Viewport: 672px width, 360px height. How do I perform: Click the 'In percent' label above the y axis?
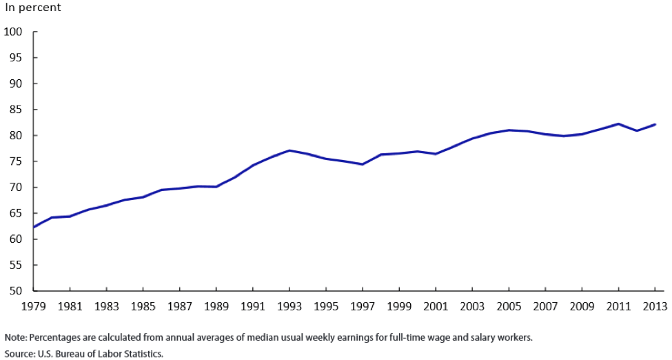32,8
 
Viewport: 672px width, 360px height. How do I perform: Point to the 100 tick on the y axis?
14,32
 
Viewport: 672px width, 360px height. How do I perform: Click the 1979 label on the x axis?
33,305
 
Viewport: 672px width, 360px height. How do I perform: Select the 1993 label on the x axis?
289,305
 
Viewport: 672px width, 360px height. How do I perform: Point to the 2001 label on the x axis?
436,305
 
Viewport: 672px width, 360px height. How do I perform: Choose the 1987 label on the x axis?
179,305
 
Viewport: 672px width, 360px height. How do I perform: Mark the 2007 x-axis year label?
545,305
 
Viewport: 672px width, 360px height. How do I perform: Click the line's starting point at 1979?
34,227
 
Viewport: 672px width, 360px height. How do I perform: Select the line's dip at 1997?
363,164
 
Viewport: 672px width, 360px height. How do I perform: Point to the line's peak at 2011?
618,123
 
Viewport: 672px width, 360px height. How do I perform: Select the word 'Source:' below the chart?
19,353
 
